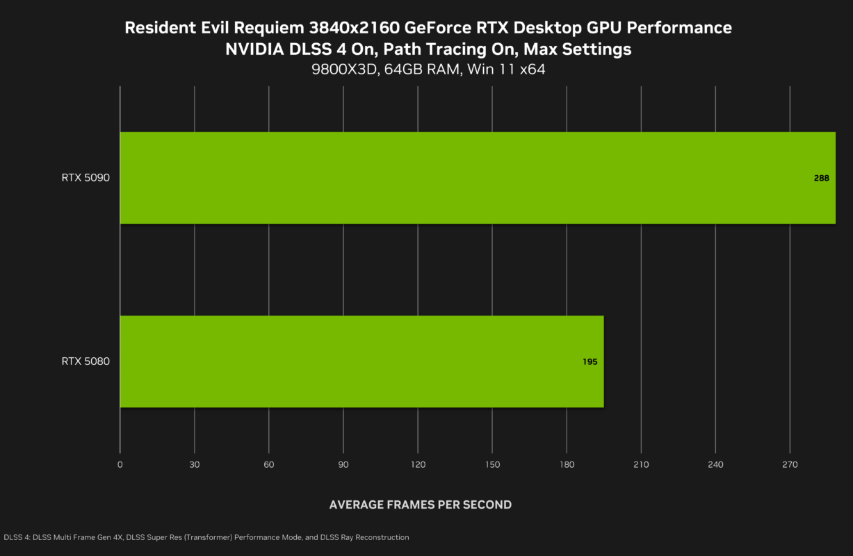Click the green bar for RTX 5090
click(x=477, y=178)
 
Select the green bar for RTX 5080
click(x=361, y=361)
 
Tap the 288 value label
click(x=821, y=178)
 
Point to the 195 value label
click(x=590, y=361)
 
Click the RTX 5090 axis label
click(x=86, y=178)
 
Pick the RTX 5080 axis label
click(x=86, y=361)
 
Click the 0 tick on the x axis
click(x=120, y=464)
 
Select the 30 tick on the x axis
click(x=195, y=464)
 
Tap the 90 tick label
click(x=343, y=464)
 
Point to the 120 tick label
click(x=418, y=464)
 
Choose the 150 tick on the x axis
click(x=492, y=464)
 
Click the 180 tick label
click(x=567, y=464)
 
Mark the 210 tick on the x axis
click(x=641, y=464)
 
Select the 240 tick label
click(x=715, y=464)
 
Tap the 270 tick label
click(x=790, y=464)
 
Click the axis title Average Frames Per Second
click(x=420, y=505)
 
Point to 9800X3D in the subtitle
click(x=340, y=69)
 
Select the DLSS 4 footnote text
click(x=206, y=537)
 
